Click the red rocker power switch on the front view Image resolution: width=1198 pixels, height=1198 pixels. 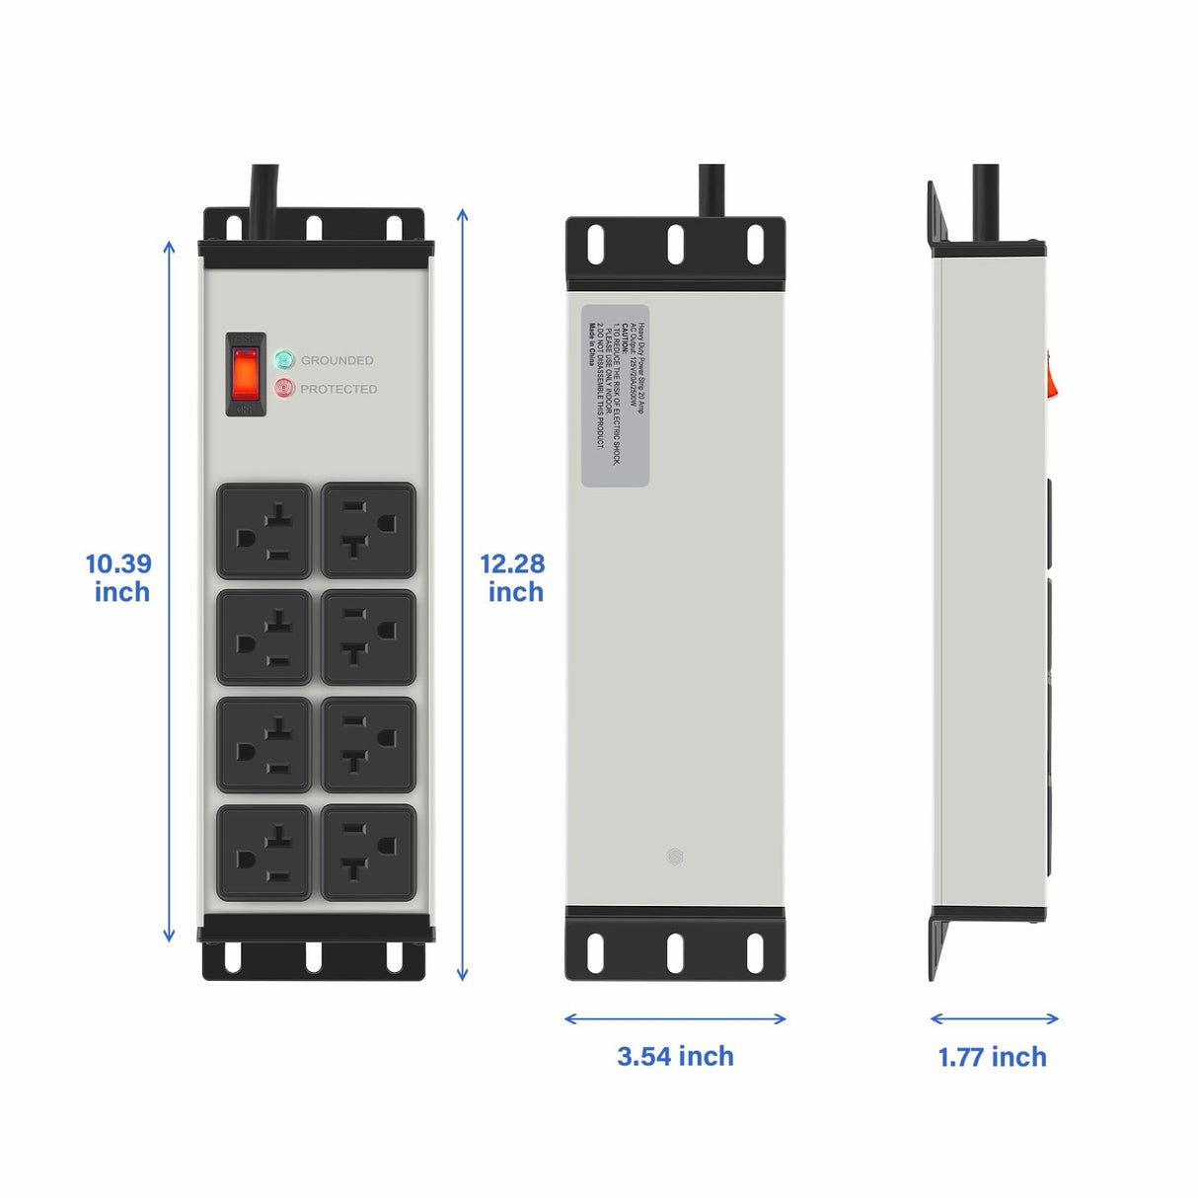[246, 374]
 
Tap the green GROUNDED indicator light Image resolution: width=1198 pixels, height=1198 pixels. [285, 359]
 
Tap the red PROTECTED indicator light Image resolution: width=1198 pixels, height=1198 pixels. [285, 388]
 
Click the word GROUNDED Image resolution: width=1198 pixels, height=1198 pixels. [337, 360]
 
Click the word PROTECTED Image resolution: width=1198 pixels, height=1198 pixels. [338, 389]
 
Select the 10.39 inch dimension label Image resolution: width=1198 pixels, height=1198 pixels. [119, 577]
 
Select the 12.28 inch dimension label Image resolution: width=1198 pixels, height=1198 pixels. [513, 577]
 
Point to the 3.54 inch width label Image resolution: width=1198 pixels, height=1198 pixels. [675, 1056]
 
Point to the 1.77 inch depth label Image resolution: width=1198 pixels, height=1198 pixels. [992, 1057]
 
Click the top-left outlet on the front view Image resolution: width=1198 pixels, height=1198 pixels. [264, 531]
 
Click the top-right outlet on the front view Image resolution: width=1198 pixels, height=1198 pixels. [368, 531]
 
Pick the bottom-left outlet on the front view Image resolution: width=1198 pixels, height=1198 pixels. [264, 853]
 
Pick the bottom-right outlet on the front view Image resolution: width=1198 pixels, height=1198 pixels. [368, 853]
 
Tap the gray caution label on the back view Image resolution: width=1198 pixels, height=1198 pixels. [615, 396]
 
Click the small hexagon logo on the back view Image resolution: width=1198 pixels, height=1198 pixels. [675, 857]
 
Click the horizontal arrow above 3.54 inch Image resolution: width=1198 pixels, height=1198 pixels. [675, 1018]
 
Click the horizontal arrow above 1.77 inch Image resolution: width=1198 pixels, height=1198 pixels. [994, 1018]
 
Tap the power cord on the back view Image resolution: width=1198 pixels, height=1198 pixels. [711, 189]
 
